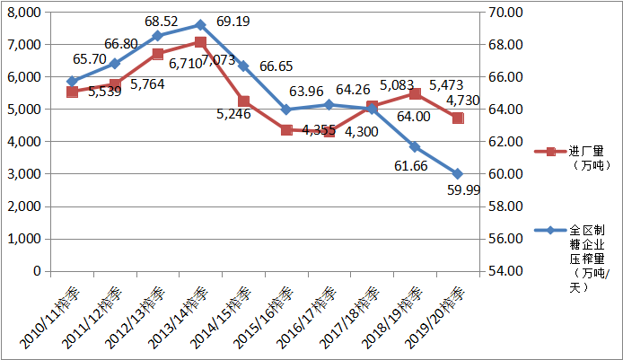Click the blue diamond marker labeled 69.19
(x=200, y=25)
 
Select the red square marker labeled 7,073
(x=200, y=42)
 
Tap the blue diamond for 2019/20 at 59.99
(x=458, y=173)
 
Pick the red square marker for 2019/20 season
(x=458, y=118)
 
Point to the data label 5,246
(x=234, y=114)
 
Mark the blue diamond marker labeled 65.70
(x=72, y=81)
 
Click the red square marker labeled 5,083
(x=372, y=106)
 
